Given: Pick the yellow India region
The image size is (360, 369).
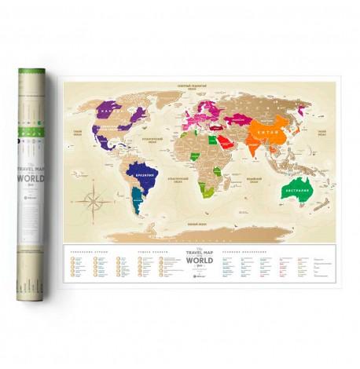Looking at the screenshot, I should [x=239, y=146].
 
